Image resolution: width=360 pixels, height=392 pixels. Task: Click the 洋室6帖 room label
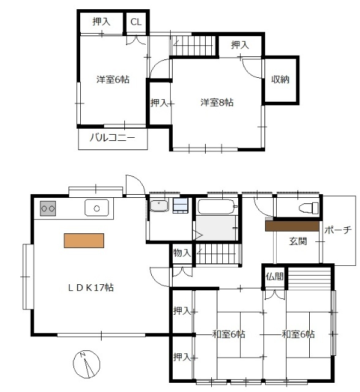pyautogui.click(x=112, y=79)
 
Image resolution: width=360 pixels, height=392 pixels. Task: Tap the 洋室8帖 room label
pyautogui.click(x=217, y=102)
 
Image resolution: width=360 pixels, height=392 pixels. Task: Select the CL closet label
pyautogui.click(x=136, y=21)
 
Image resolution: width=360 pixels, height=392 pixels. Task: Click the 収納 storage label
pyautogui.click(x=280, y=79)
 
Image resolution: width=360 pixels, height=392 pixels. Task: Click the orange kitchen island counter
pyautogui.click(x=83, y=240)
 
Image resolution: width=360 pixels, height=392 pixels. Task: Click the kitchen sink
pyautogui.click(x=96, y=208)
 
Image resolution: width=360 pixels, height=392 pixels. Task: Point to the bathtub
pyautogui.click(x=217, y=207)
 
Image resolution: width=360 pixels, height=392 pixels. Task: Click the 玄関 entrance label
pyautogui.click(x=299, y=240)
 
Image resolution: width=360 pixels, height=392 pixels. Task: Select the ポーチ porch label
pyautogui.click(x=338, y=230)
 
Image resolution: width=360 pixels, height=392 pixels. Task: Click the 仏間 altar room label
pyautogui.click(x=275, y=276)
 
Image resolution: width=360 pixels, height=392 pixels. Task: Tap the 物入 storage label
pyautogui.click(x=182, y=252)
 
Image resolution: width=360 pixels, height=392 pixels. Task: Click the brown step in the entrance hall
pyautogui.click(x=292, y=225)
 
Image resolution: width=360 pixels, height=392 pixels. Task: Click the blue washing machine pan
pyautogui.click(x=181, y=206)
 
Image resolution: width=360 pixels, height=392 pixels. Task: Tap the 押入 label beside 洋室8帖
pyautogui.click(x=160, y=102)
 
